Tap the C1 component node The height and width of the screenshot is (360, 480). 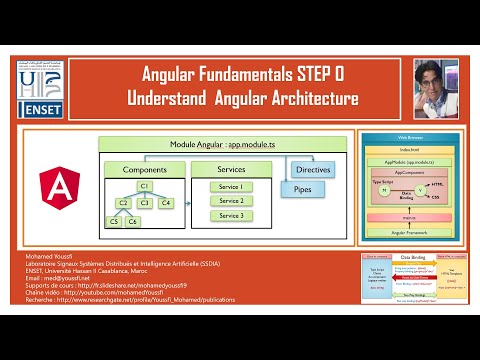(144, 186)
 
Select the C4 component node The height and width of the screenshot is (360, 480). (166, 203)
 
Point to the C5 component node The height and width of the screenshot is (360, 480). (116, 221)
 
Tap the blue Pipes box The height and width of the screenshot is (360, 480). (299, 187)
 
